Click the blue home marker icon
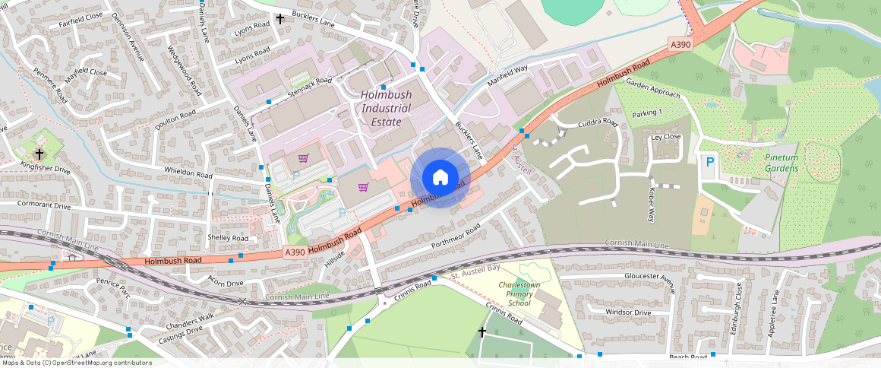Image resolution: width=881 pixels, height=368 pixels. coord(440,178)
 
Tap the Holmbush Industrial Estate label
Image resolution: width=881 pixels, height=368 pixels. coord(386,109)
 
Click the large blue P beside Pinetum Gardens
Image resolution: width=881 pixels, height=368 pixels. coord(710,162)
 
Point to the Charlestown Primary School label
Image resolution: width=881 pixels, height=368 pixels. coord(519,293)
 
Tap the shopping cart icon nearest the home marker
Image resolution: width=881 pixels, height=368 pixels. coord(363,187)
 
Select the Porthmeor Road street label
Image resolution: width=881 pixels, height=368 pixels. coord(456,237)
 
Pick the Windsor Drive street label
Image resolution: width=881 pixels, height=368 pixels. coord(628,312)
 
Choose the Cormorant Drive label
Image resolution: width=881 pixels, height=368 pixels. coord(46,206)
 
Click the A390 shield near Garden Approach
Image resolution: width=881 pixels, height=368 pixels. coord(680,45)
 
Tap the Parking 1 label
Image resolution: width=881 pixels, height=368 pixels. coord(647,113)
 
